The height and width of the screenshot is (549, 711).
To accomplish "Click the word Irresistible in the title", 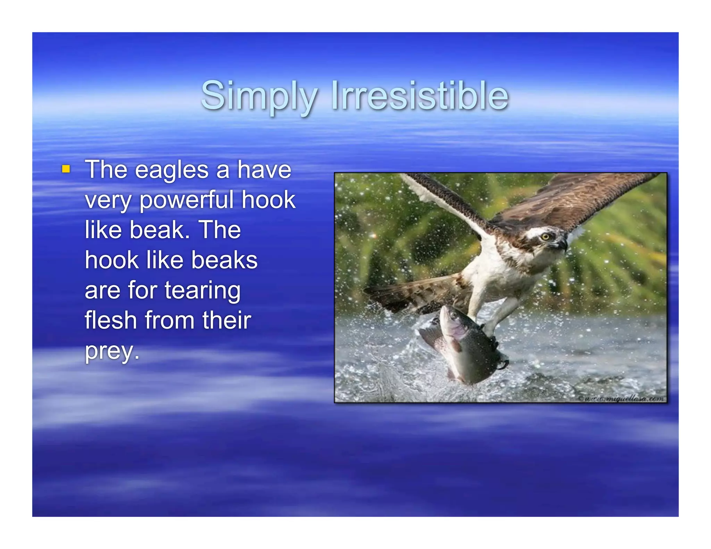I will (420, 95).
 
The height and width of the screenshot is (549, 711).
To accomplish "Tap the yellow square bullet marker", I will (66, 169).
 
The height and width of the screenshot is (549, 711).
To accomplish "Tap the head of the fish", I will (451, 318).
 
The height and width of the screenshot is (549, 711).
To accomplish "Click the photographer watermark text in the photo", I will (623, 399).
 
